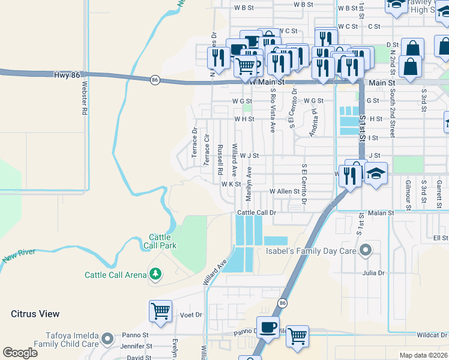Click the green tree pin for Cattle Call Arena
tap(155, 274)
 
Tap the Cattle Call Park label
tap(160, 241)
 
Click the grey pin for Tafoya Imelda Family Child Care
tap(108, 340)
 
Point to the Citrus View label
tap(35, 313)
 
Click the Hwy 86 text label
tap(66, 75)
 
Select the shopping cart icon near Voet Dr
tap(161, 311)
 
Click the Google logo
tap(19, 353)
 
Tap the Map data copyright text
tap(423, 355)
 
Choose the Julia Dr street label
tap(373, 272)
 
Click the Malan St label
tap(381, 212)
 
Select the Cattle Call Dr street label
tap(256, 212)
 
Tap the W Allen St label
tap(284, 191)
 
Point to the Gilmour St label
tap(408, 194)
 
